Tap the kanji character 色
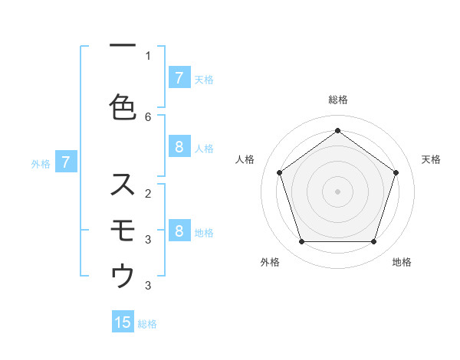[x=123, y=107]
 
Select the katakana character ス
[x=123, y=184]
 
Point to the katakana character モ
[x=123, y=229]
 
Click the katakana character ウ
[x=123, y=276]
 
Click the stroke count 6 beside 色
[x=148, y=116]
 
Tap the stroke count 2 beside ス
[x=148, y=193]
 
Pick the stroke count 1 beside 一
[x=148, y=56]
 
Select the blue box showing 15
[x=123, y=322]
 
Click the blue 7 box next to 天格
[x=179, y=77]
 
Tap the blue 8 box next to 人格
[x=179, y=147]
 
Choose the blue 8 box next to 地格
[x=179, y=231]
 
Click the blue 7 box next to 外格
[x=66, y=162]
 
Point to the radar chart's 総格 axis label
[x=337, y=100]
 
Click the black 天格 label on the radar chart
[x=431, y=159]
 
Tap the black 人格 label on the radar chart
[x=245, y=159]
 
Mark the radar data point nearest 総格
[x=337, y=130]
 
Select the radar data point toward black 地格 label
[x=373, y=242]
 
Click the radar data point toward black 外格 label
[x=301, y=242]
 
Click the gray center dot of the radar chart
[x=337, y=191]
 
